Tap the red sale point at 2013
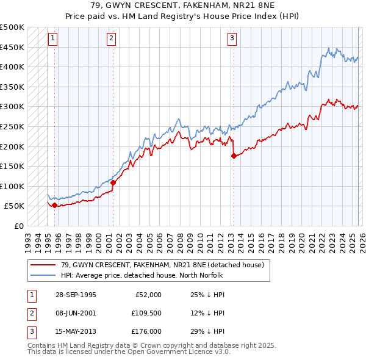pos(234,156)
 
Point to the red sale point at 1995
pos(55,205)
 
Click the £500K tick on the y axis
pos(12,27)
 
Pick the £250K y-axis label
pos(12,126)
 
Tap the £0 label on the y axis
pos(18,226)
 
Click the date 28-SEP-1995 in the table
pos(75,295)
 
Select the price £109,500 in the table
pos(146,313)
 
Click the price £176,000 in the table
pos(146,331)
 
